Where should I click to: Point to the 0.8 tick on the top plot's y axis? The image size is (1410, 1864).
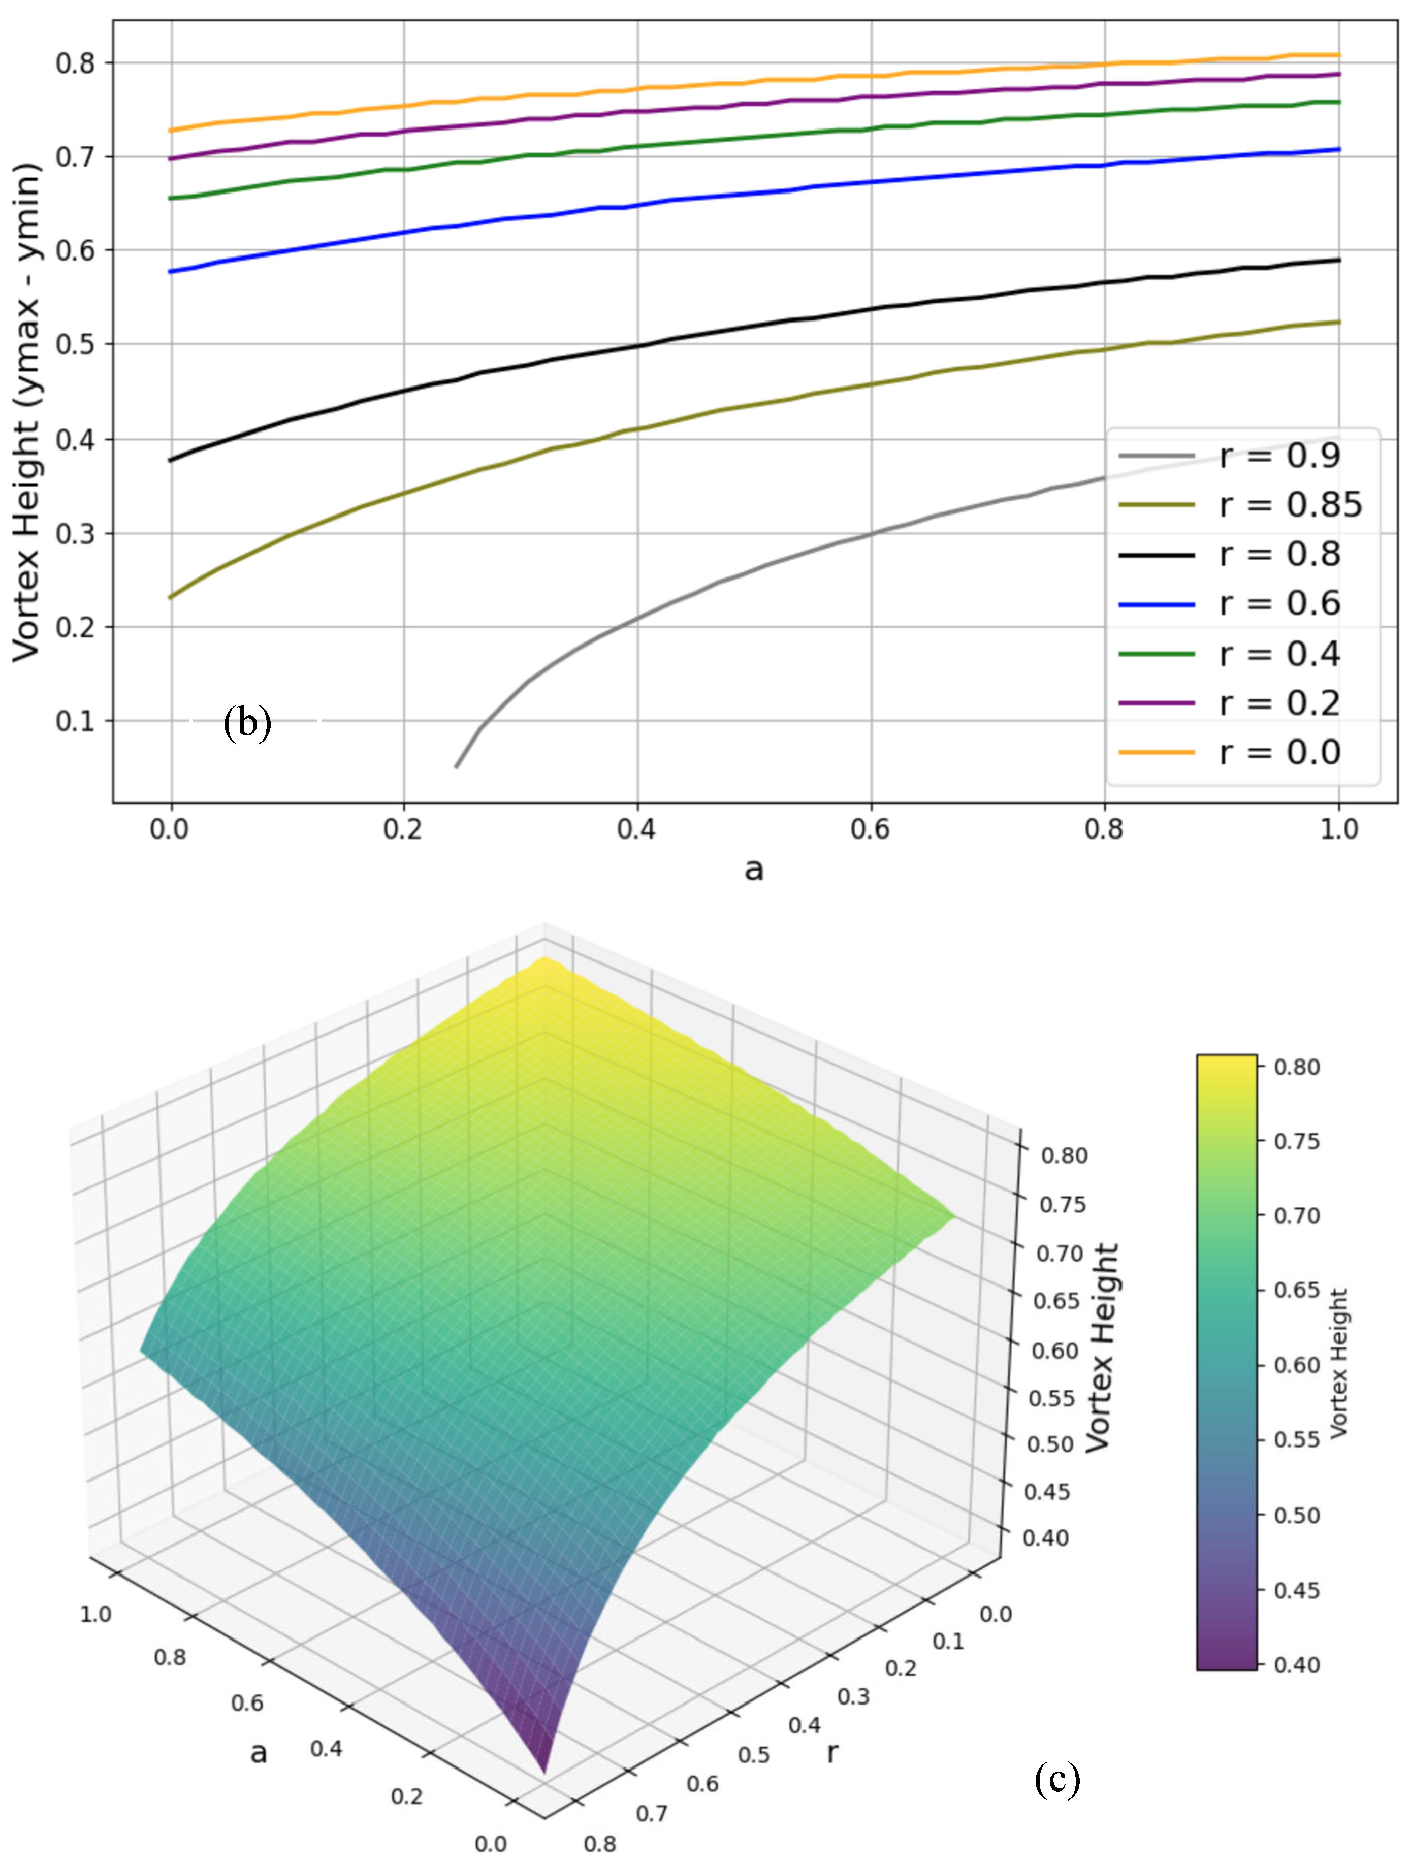(74, 63)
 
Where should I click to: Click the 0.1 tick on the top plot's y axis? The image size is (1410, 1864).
(74, 721)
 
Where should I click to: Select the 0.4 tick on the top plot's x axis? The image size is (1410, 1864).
(636, 829)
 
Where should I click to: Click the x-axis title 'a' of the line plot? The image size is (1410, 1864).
(753, 869)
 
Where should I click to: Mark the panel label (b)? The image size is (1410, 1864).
(247, 723)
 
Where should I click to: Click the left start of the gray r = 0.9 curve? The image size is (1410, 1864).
(457, 766)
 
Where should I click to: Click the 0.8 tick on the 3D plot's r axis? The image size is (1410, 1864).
(600, 1844)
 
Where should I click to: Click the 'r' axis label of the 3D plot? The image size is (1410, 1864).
(832, 1752)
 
